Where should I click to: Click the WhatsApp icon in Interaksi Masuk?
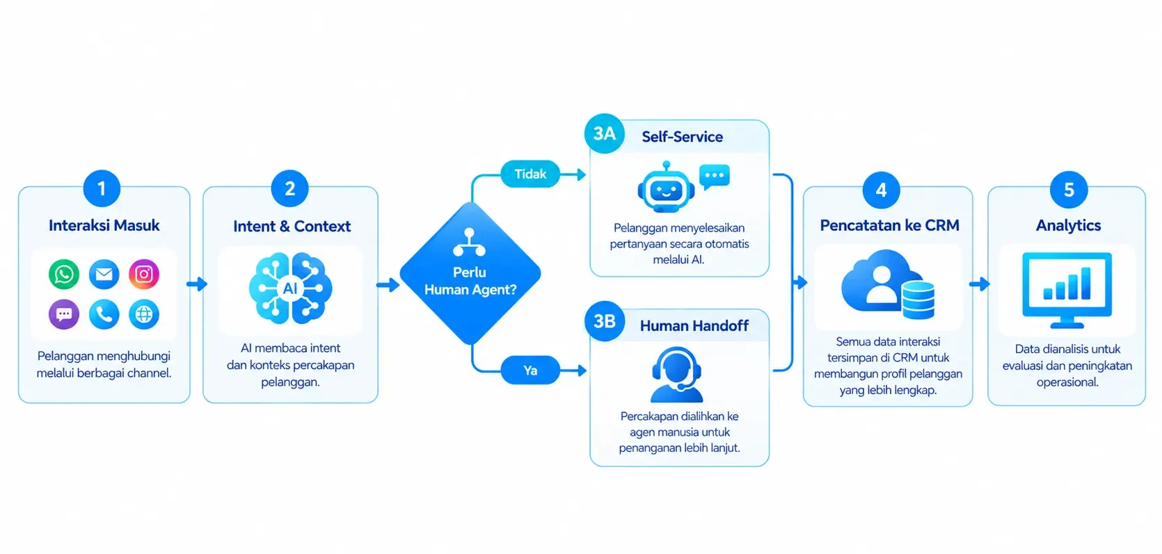[64, 274]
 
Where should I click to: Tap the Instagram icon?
[144, 274]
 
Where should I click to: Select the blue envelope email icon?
[104, 274]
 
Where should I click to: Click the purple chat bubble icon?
[64, 314]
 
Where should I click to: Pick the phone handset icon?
[104, 314]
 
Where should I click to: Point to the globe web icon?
[144, 314]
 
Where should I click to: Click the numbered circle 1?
[102, 188]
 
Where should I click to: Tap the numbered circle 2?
[289, 188]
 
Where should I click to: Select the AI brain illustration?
[290, 288]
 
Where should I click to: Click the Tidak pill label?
[530, 174]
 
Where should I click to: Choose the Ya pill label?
[530, 370]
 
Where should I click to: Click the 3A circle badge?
[605, 133]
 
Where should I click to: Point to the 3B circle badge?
[605, 321]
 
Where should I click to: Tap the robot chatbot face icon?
[666, 188]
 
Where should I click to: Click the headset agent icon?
[676, 375]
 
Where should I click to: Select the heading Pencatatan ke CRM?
[889, 225]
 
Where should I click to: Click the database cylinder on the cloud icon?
[918, 300]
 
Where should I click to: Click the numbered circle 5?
[1069, 190]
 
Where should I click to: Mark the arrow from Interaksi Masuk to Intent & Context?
[197, 284]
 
